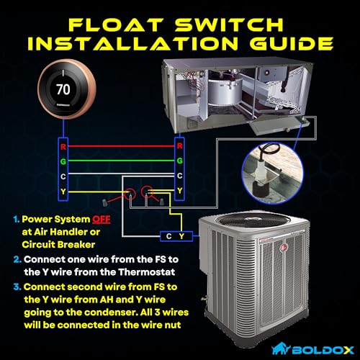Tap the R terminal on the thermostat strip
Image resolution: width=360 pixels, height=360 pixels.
[63, 145]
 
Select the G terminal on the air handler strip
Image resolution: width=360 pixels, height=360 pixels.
[179, 161]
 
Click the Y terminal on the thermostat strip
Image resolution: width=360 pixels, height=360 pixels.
[63, 191]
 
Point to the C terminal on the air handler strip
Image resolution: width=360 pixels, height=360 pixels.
[179, 176]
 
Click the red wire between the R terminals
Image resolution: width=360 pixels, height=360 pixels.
[121, 145]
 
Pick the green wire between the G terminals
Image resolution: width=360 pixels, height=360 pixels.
[121, 161]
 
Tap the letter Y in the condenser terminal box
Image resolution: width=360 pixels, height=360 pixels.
[181, 236]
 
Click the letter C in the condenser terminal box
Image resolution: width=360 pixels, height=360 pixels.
[167, 236]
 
